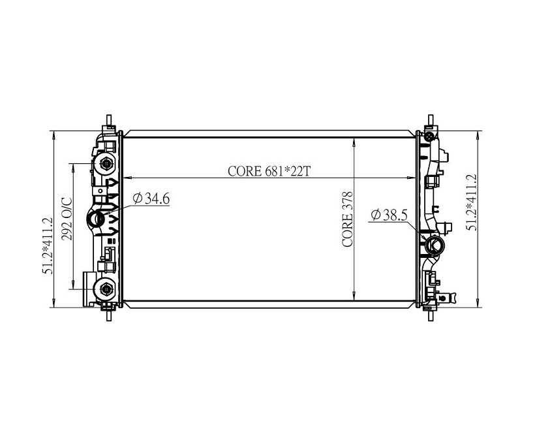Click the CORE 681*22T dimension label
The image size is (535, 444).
[x=269, y=171]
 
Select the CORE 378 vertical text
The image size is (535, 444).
[x=347, y=219]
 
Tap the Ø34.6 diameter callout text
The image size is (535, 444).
[x=151, y=198]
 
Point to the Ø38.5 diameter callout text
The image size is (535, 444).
[x=390, y=215]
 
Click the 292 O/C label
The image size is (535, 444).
[x=67, y=219]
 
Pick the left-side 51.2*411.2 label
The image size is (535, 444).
[x=48, y=246]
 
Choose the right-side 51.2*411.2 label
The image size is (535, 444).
[x=472, y=202]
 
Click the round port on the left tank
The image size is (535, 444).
[x=96, y=219]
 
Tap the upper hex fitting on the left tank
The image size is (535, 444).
[x=106, y=164]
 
